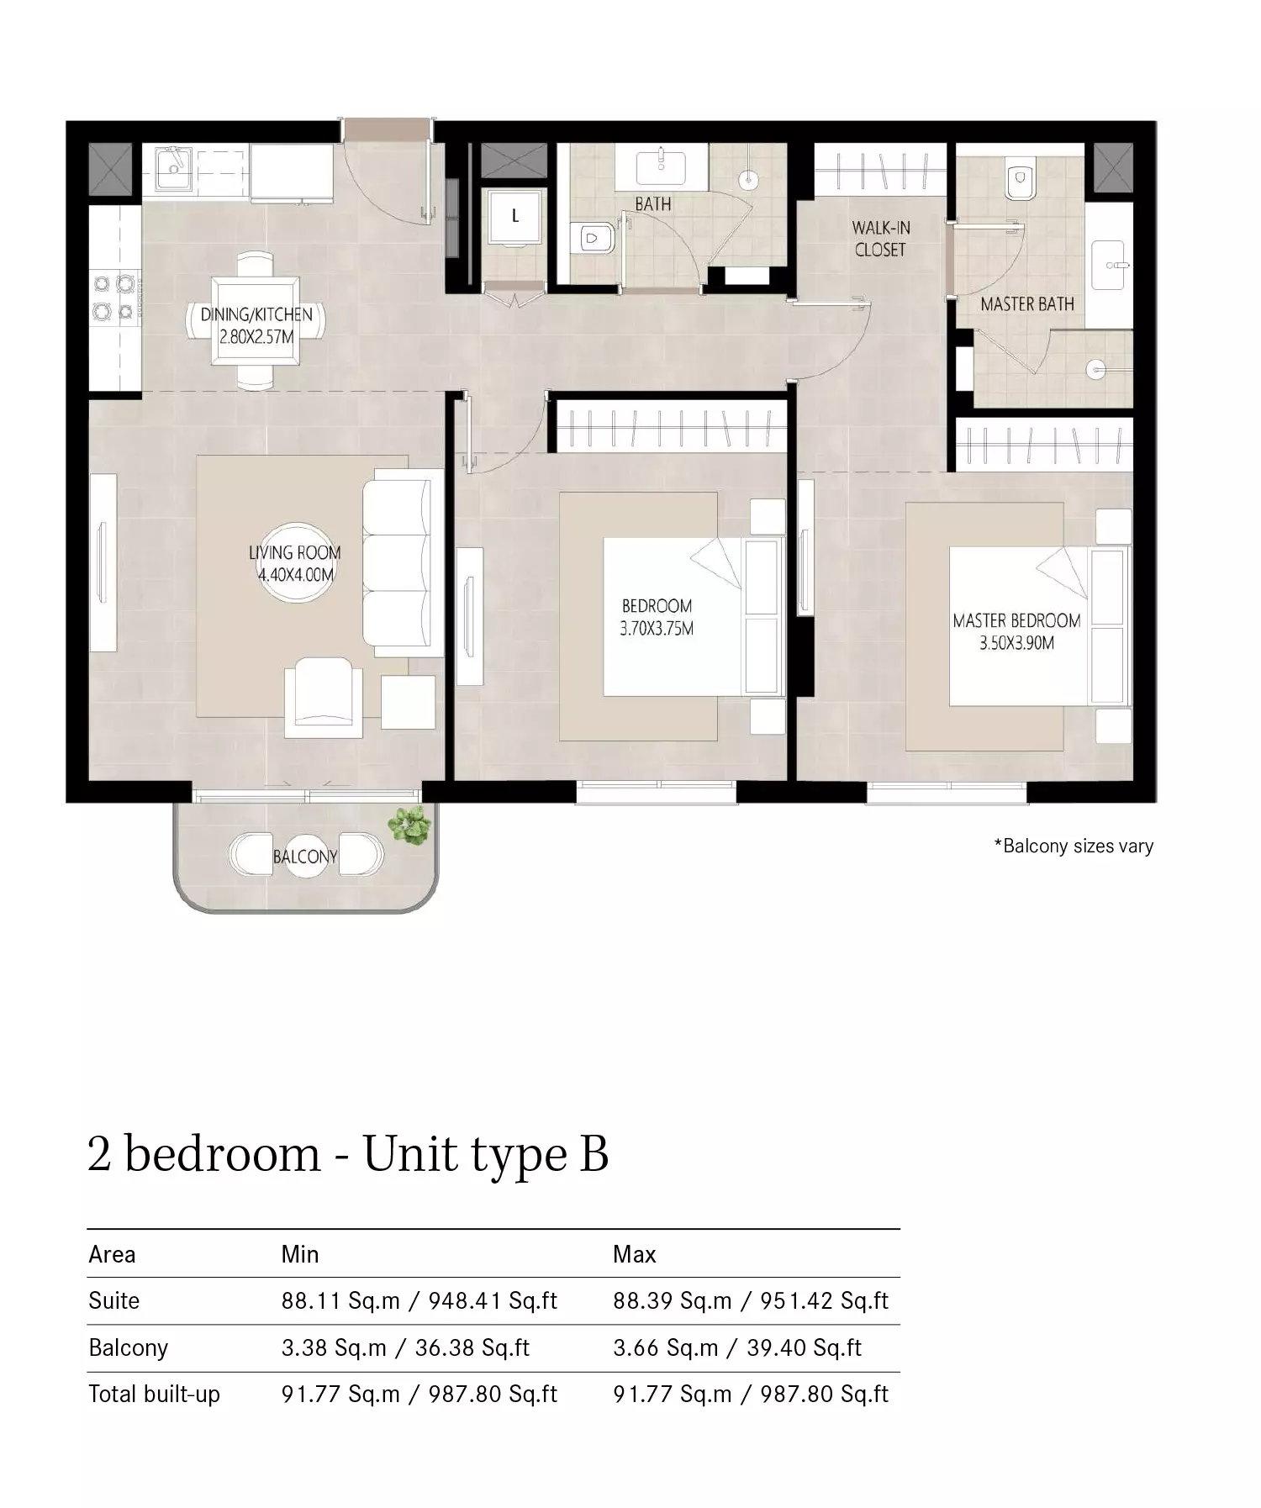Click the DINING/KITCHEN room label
pos(256,326)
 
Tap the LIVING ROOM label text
pos(295,563)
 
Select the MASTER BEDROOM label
pos(1016,631)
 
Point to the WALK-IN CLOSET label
pos(880,238)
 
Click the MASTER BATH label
pos(1027,304)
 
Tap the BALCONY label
pos(305,857)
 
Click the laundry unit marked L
pos(514,216)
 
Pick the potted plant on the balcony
pos(409,825)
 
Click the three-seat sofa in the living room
pos(402,562)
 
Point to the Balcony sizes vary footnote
pos(1074,846)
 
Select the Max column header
pos(634,1254)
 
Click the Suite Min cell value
pos(419,1301)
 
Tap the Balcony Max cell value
pos(737,1348)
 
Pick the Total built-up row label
pos(154,1395)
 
